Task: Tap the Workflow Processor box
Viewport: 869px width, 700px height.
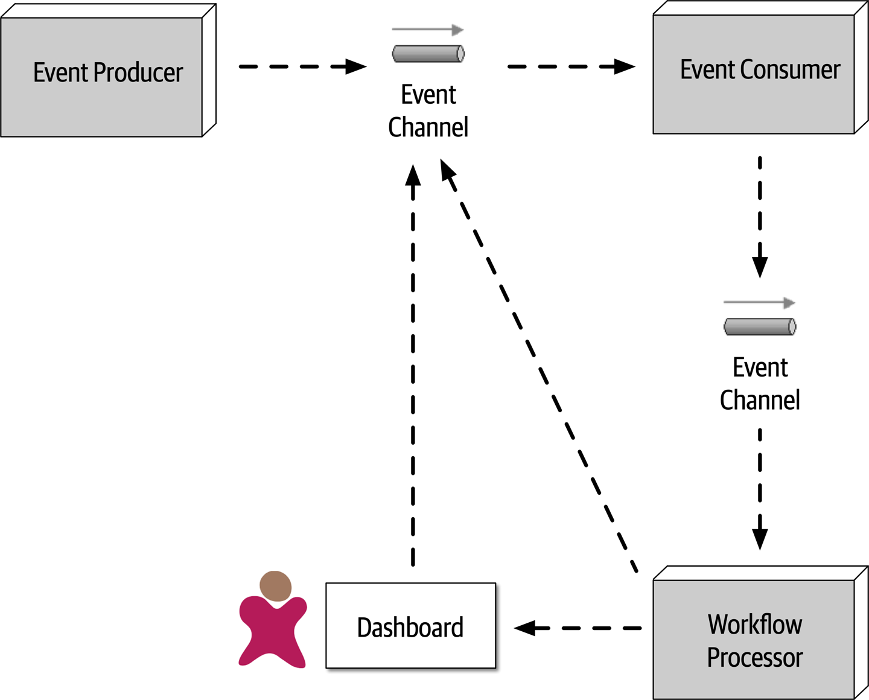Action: [x=754, y=640]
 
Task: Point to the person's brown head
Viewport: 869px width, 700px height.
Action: [x=276, y=586]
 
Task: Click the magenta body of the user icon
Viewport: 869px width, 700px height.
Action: [x=273, y=631]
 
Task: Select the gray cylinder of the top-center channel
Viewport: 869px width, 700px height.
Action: [x=428, y=54]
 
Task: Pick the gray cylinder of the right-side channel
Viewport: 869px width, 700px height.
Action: [x=760, y=326]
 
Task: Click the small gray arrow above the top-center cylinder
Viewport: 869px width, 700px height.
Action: [x=427, y=30]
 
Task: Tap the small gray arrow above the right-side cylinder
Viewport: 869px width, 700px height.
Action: [x=759, y=302]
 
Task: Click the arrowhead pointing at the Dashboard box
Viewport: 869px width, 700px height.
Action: [x=525, y=628]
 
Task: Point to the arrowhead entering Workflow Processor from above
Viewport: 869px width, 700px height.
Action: [x=760, y=538]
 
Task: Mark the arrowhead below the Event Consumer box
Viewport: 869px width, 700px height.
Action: [x=760, y=266]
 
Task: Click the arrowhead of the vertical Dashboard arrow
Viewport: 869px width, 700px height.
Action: [x=413, y=175]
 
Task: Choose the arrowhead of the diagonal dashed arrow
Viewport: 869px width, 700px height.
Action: [x=447, y=170]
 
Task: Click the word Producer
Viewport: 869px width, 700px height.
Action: [x=138, y=72]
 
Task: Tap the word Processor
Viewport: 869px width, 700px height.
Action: [x=754, y=657]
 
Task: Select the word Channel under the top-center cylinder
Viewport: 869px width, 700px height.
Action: [x=428, y=127]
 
